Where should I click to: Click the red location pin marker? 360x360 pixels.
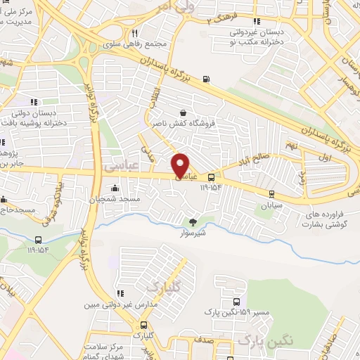pyautogui.click(x=181, y=165)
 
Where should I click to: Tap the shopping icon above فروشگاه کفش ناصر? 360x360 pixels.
pyautogui.click(x=184, y=112)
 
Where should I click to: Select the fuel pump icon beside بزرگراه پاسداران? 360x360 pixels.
pyautogui.click(x=205, y=79)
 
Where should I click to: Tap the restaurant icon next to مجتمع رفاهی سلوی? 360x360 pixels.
pyautogui.click(x=134, y=32)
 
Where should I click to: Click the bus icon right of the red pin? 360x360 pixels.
pyautogui.click(x=211, y=177)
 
